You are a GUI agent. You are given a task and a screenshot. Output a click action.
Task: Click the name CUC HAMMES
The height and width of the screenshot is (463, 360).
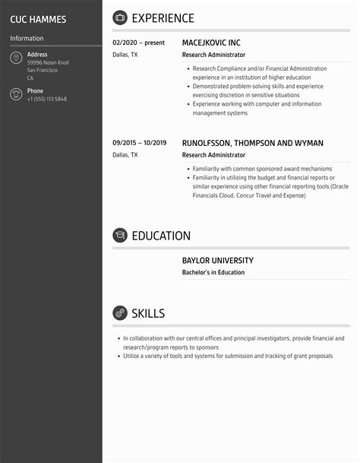tap(38, 19)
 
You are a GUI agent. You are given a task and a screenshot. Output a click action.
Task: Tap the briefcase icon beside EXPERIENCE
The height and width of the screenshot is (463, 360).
tap(120, 17)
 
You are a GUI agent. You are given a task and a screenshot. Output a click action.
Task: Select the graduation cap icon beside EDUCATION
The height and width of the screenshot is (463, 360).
tap(120, 236)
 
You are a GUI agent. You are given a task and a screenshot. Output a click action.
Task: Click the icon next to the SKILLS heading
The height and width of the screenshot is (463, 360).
tap(120, 313)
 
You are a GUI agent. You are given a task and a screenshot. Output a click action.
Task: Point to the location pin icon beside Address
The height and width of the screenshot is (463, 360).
tap(16, 59)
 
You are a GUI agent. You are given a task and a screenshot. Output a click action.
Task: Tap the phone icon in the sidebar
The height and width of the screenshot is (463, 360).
tap(16, 94)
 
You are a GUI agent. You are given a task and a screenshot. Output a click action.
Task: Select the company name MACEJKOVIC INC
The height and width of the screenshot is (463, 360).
tap(216, 43)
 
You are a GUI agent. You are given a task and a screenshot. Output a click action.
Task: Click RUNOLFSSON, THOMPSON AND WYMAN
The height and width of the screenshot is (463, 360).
tap(253, 143)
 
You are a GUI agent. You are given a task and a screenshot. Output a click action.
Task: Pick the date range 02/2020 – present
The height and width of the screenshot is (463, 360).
tap(138, 43)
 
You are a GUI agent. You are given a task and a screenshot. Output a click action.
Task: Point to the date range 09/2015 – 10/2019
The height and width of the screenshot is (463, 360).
tap(139, 143)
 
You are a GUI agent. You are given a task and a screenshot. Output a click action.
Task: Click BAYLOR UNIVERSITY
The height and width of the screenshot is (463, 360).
tap(218, 261)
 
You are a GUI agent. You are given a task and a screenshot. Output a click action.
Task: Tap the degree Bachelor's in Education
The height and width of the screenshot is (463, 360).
tap(213, 272)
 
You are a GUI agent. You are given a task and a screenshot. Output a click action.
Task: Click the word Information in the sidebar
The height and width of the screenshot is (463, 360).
tap(27, 38)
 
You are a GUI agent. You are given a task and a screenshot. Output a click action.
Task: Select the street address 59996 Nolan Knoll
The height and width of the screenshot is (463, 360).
tap(48, 62)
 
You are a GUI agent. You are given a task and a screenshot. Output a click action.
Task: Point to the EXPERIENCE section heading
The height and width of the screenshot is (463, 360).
tap(163, 18)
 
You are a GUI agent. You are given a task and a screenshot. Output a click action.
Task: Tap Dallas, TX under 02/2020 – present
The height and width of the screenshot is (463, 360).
tap(125, 55)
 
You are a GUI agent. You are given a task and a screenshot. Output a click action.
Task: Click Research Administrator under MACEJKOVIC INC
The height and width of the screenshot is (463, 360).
tap(213, 55)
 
